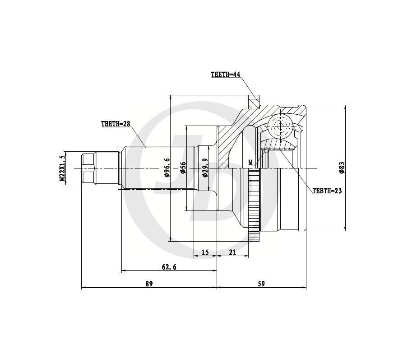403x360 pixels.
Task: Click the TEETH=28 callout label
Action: coord(115,124)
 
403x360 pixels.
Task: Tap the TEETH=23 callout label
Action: coord(327,191)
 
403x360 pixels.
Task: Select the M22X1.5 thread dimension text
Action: coord(62,168)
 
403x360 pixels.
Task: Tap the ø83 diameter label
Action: coord(342,168)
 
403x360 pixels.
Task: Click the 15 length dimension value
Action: coord(205,252)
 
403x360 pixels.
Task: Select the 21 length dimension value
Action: coord(232,252)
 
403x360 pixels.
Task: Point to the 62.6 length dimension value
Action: coord(169,267)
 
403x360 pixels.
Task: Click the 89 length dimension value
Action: coord(149,284)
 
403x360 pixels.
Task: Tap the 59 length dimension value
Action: coord(261,284)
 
